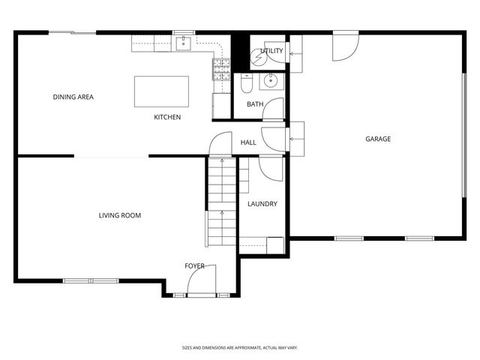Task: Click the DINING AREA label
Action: pyautogui.click(x=73, y=97)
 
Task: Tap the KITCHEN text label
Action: pyautogui.click(x=167, y=117)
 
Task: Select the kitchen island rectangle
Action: pyautogui.click(x=161, y=91)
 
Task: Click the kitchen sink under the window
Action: pyautogui.click(x=184, y=43)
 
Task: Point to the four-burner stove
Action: pyautogui.click(x=221, y=70)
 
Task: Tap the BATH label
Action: pyautogui.click(x=255, y=104)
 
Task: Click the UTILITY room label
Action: pyautogui.click(x=271, y=51)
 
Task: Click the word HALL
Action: pyautogui.click(x=248, y=142)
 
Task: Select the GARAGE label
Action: pyautogui.click(x=378, y=139)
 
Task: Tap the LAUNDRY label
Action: pyautogui.click(x=262, y=204)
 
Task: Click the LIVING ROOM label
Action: pyautogui.click(x=120, y=216)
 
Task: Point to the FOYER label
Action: pyautogui.click(x=195, y=266)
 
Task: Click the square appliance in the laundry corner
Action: pyautogui.click(x=275, y=245)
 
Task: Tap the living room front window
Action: pyautogui.click(x=90, y=281)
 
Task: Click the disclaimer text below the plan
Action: pyautogui.click(x=240, y=348)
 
